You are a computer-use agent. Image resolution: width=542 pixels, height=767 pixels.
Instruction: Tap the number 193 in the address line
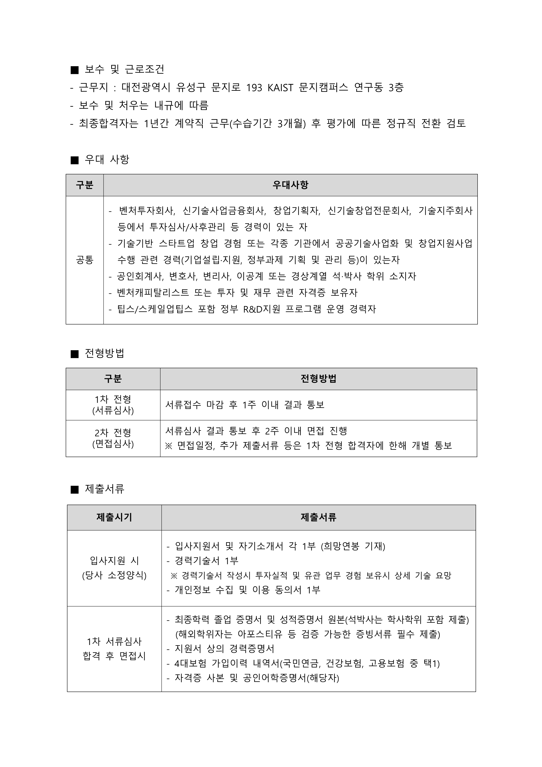pos(254,87)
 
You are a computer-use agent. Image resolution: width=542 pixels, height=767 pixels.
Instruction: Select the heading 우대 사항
pos(107,159)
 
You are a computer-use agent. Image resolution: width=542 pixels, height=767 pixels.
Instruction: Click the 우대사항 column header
pos(290,185)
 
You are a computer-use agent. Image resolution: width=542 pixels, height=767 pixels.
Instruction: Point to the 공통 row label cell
pos(85,260)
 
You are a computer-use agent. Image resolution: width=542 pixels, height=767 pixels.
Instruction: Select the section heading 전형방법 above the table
pos(104,353)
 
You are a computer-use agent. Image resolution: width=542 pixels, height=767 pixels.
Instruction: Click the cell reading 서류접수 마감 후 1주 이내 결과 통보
pos(245,405)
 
